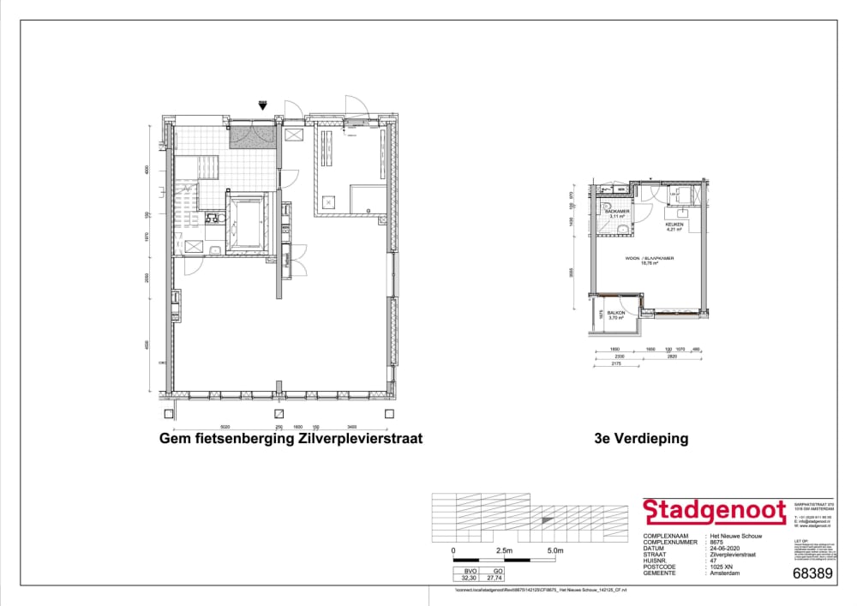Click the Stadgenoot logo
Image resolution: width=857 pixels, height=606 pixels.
pyautogui.click(x=714, y=512)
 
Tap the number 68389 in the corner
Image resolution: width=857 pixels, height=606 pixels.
pyautogui.click(x=812, y=573)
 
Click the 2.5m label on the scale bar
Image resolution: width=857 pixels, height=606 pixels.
pyautogui.click(x=504, y=550)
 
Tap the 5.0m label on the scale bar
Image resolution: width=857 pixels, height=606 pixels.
pyautogui.click(x=554, y=550)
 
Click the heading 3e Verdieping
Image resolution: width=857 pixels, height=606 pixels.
pyautogui.click(x=640, y=439)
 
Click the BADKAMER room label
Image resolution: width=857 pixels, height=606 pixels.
pyautogui.click(x=617, y=211)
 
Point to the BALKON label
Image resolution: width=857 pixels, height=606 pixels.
pyautogui.click(x=615, y=314)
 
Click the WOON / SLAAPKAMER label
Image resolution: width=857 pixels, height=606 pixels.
pyautogui.click(x=649, y=258)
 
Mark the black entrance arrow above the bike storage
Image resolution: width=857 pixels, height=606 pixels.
pyautogui.click(x=262, y=106)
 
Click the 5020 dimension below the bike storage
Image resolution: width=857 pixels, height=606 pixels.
pyautogui.click(x=225, y=426)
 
